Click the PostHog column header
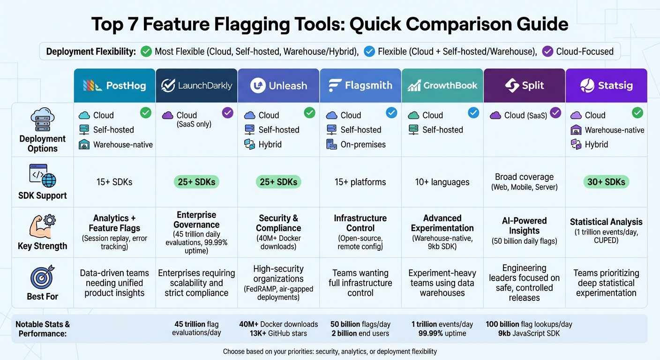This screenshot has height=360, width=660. click(x=114, y=85)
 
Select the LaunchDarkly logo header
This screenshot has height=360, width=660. click(x=196, y=85)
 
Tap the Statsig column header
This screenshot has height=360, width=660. click(x=606, y=85)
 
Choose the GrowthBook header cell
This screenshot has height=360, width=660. click(x=442, y=85)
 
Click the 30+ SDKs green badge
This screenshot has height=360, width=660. click(x=606, y=182)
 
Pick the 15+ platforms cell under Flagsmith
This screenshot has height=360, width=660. click(x=360, y=182)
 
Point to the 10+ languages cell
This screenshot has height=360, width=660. click(x=442, y=182)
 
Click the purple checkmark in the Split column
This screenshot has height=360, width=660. click(x=555, y=112)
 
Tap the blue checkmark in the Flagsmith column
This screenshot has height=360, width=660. click(x=391, y=112)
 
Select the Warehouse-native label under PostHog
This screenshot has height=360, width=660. click(x=123, y=145)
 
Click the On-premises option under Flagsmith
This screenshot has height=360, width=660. click(x=363, y=145)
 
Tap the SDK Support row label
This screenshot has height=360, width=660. click(x=43, y=196)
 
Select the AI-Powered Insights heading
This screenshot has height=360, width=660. click(x=524, y=225)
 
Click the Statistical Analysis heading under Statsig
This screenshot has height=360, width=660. click(x=606, y=222)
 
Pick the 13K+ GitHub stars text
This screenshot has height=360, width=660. click(x=278, y=334)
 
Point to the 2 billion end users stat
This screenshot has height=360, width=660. click(x=360, y=334)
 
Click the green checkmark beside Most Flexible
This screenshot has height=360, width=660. click(x=146, y=51)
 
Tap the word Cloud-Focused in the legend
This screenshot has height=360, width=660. click(x=585, y=51)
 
